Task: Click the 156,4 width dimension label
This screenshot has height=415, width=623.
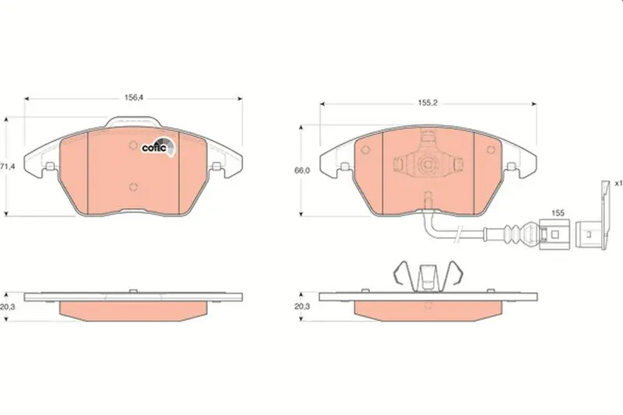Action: pos(133,97)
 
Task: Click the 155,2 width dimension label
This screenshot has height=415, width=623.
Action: pos(428,103)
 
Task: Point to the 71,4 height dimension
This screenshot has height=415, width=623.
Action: pos(7,167)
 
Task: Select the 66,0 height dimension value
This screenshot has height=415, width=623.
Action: pos(302,171)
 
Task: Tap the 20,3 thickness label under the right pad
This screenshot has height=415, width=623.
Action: pos(302,306)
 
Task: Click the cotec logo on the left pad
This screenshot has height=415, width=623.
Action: pos(158,147)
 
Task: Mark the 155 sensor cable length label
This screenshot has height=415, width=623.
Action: pos(558,213)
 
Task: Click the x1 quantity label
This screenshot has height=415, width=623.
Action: pos(618,184)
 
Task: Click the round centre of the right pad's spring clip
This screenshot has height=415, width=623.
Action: pos(428,164)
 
